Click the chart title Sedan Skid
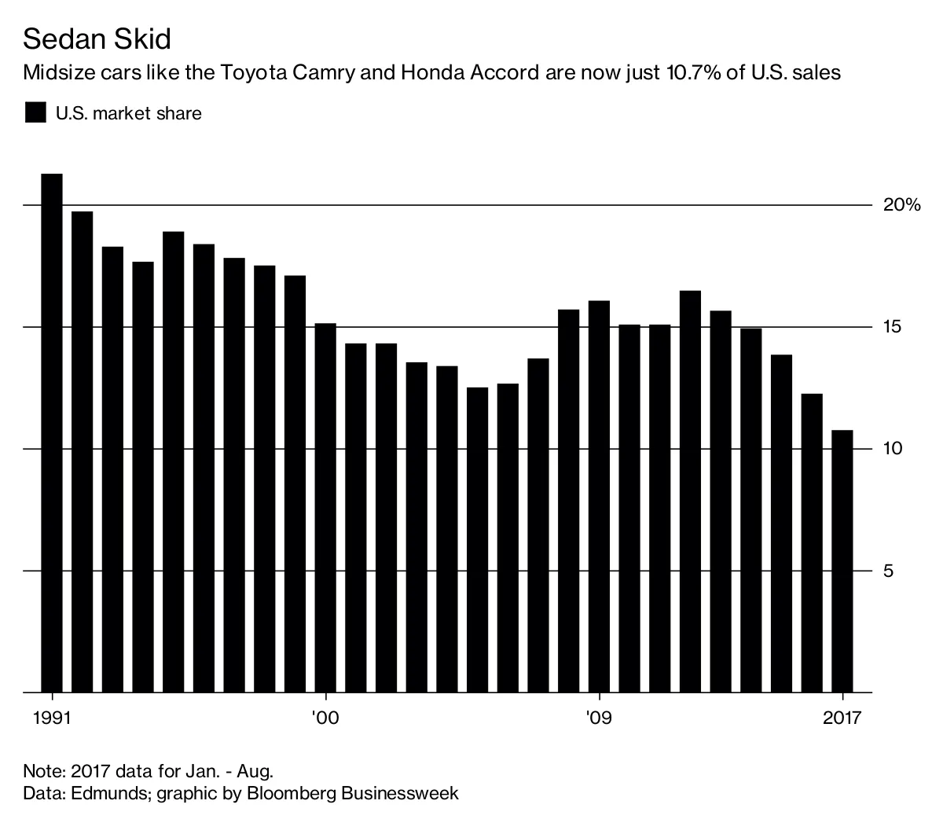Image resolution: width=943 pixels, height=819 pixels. tap(97, 39)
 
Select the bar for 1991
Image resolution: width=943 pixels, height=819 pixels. tap(52, 432)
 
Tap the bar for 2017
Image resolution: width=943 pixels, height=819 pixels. tap(842, 561)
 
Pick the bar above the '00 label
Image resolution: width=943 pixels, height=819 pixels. tap(325, 508)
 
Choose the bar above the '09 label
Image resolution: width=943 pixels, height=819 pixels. tap(599, 496)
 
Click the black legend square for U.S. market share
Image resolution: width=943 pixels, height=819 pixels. tap(35, 113)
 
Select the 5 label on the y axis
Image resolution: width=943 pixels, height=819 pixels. tap(887, 571)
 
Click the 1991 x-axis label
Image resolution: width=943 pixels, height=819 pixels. tap(52, 718)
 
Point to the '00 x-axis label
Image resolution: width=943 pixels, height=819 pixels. tap(324, 718)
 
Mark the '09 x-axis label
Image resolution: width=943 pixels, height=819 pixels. tap(599, 718)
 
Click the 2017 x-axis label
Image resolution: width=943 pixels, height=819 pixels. tap(842, 718)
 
